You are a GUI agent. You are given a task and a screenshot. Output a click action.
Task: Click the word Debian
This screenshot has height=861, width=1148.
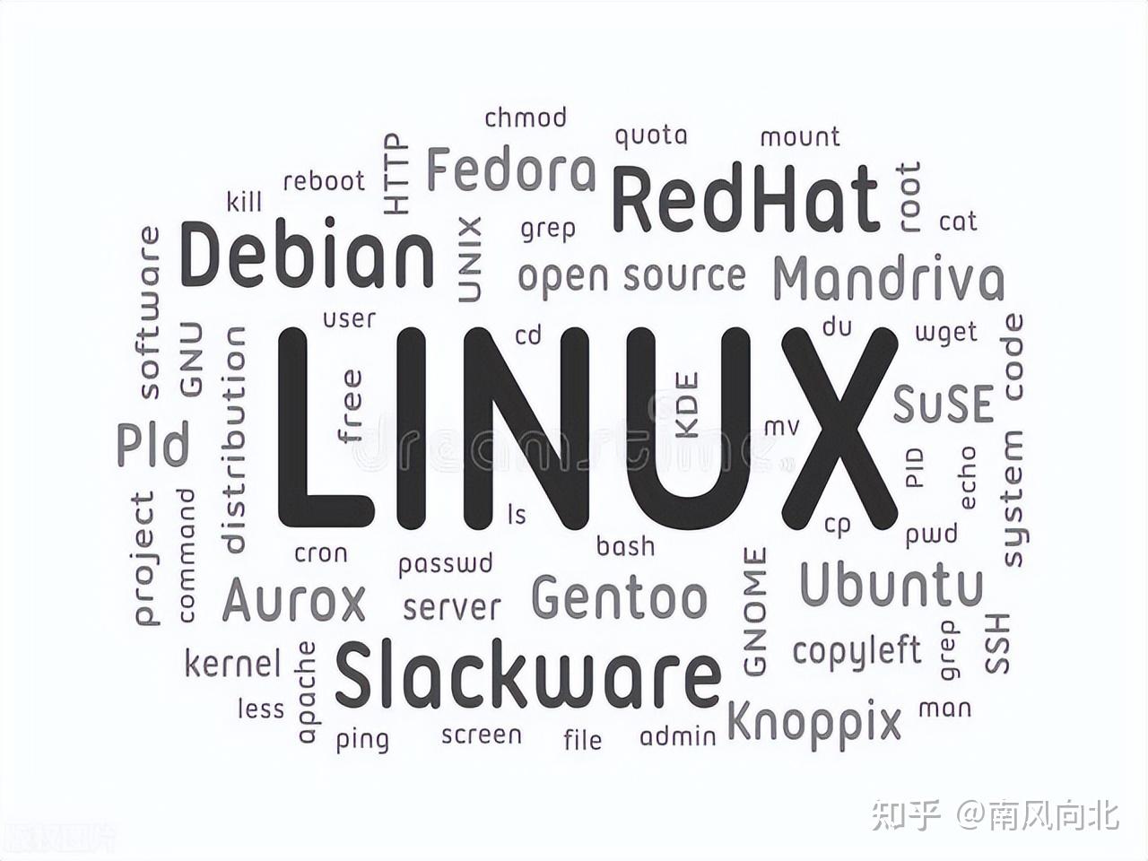point(308,256)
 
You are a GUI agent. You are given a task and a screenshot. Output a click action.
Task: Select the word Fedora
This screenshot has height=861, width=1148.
point(510,170)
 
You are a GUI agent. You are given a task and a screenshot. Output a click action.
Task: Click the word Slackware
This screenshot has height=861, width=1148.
point(527,674)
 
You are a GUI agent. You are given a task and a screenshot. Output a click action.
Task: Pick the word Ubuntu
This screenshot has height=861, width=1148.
point(891,585)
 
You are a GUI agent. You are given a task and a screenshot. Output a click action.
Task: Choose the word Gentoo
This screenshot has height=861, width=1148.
point(619,597)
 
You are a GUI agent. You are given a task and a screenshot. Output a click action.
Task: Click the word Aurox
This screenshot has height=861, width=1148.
point(294,600)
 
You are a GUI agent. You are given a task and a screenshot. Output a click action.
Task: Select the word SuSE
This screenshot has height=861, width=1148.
point(944,404)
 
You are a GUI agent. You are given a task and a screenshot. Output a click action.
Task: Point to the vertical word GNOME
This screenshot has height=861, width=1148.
point(755,611)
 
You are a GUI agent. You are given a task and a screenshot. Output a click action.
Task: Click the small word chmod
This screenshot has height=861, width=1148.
point(526,117)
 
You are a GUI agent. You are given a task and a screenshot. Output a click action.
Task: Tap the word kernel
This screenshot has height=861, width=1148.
point(232,664)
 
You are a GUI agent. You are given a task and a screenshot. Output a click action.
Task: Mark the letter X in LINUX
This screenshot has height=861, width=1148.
point(839,428)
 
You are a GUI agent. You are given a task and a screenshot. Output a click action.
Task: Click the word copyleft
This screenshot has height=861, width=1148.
point(857,650)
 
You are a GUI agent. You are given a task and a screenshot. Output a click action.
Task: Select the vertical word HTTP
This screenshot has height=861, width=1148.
point(396,174)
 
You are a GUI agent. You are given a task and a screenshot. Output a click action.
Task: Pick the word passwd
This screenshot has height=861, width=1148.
point(446,564)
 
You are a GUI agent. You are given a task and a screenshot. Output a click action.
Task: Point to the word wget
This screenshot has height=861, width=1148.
point(945,333)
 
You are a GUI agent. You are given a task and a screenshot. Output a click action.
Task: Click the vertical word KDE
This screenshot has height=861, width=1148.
point(686,405)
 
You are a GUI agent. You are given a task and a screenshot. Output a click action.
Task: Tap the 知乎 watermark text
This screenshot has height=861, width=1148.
point(905,815)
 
